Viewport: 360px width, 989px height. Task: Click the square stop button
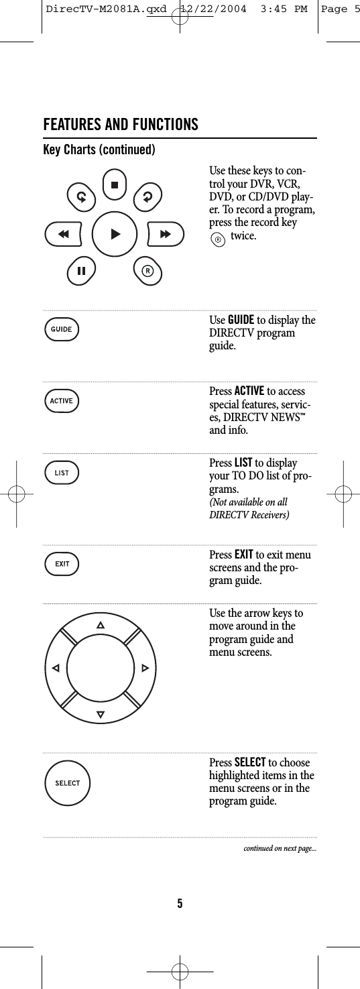coord(115,184)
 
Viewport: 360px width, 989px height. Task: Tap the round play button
coord(115,234)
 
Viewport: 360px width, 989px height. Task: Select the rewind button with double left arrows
coord(64,234)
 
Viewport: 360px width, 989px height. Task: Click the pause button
coord(81,271)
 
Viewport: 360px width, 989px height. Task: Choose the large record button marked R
coord(147,270)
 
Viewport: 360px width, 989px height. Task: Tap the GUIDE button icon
coord(62,329)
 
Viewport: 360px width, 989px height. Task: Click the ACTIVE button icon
coord(62,401)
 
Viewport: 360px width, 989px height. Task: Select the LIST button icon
coord(62,473)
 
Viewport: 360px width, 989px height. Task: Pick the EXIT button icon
coord(62,564)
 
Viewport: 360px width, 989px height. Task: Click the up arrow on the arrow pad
coord(101,626)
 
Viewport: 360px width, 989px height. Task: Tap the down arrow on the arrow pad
coord(101,713)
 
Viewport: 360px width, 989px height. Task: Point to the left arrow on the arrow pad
coord(56,668)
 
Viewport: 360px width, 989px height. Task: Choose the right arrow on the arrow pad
coord(145,668)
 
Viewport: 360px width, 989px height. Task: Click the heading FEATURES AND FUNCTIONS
coord(121,125)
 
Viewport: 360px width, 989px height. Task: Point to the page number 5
coord(180,903)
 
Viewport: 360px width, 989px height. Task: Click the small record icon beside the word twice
coord(217,237)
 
